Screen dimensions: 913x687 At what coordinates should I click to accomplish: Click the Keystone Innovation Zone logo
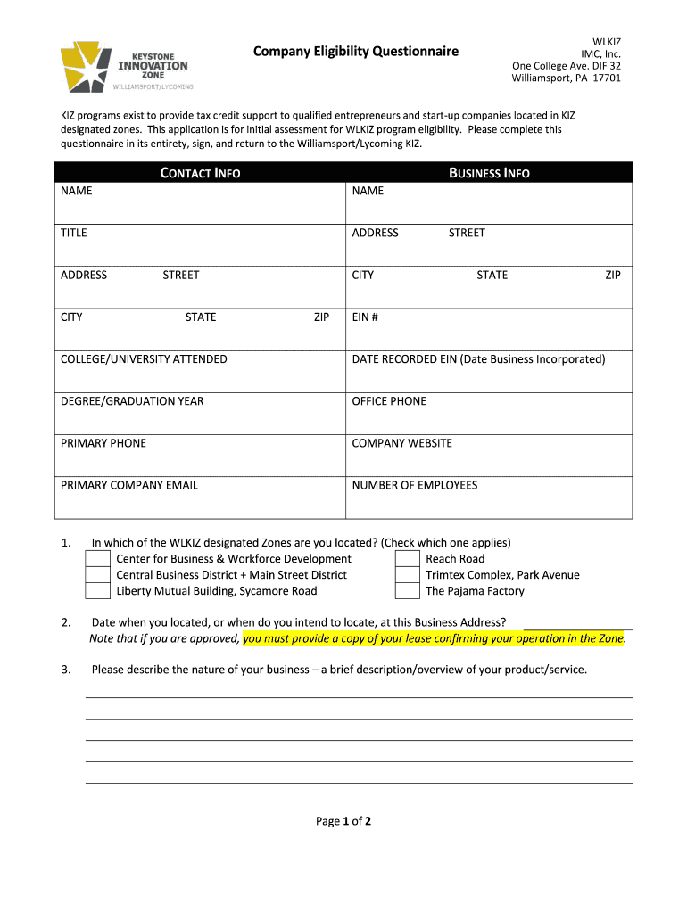point(125,66)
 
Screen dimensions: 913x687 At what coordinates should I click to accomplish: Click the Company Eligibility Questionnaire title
point(355,52)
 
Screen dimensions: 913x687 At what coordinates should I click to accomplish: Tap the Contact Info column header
point(200,173)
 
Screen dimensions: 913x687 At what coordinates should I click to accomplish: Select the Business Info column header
point(489,173)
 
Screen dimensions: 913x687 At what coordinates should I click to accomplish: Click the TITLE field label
point(74,233)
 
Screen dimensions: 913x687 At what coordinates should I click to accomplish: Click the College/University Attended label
point(144,359)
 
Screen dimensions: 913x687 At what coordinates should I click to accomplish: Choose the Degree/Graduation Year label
point(132,401)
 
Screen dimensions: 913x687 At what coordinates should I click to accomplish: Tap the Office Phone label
point(389,401)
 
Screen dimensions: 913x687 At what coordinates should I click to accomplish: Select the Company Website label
point(401,443)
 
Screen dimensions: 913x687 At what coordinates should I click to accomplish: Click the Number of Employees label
point(414,485)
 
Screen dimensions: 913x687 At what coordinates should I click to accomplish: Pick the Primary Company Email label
point(129,485)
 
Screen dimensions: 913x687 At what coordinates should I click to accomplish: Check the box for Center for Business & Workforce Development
point(97,559)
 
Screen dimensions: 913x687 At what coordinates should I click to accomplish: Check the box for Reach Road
point(408,559)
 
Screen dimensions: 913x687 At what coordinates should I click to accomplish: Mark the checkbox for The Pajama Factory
point(408,591)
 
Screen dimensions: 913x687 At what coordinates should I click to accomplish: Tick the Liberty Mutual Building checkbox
point(97,591)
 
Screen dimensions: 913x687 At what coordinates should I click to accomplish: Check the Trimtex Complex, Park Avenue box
point(408,575)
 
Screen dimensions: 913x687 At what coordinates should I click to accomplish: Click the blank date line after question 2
point(577,624)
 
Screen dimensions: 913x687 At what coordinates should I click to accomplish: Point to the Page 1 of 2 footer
point(343,821)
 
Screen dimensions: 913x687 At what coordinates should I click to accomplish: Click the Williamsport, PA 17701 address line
point(566,78)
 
